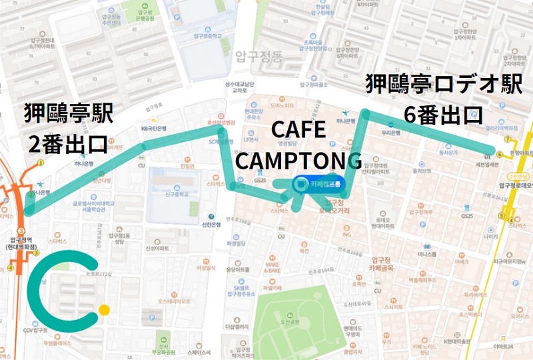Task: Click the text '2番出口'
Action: click(67, 143)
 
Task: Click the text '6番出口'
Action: click(443, 114)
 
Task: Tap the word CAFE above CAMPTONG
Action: click(298, 131)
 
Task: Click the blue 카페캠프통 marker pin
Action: click(301, 183)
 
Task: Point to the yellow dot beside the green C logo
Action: click(104, 309)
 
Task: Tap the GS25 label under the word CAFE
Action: click(261, 181)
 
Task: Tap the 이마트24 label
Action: click(503, 347)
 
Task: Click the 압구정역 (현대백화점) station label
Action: click(21, 243)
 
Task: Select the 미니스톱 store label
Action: click(426, 255)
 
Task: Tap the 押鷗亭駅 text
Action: click(67, 113)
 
